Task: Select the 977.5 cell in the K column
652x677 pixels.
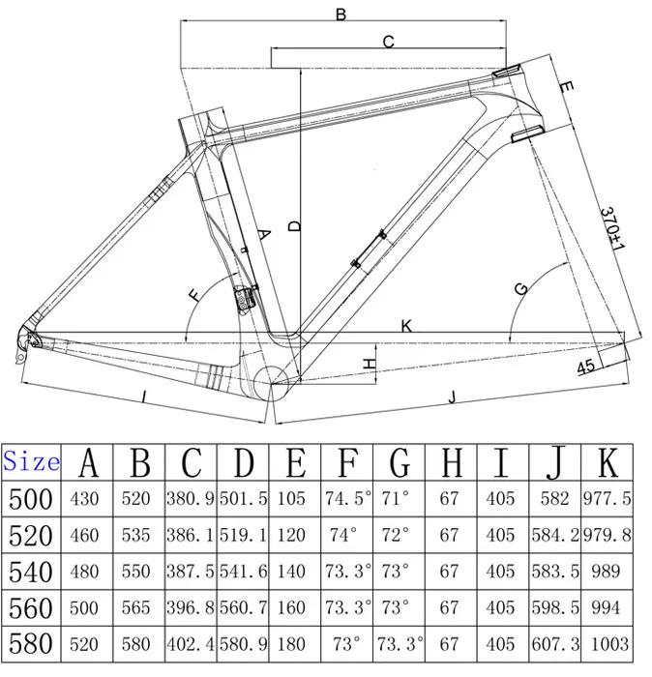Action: click(x=607, y=500)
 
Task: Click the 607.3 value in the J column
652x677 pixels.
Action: click(x=555, y=643)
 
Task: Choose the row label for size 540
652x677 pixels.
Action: click(x=31, y=571)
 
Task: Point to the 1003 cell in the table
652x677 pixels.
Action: click(x=607, y=643)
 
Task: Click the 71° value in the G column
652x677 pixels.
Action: click(x=396, y=500)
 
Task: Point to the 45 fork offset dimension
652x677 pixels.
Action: click(x=586, y=367)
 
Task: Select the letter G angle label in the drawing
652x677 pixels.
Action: click(x=521, y=288)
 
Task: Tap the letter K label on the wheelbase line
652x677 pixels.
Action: click(x=406, y=326)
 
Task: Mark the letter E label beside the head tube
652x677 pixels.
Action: click(x=567, y=89)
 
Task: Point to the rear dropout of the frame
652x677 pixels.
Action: click(x=27, y=339)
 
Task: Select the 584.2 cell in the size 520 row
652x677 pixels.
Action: click(x=555, y=535)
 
